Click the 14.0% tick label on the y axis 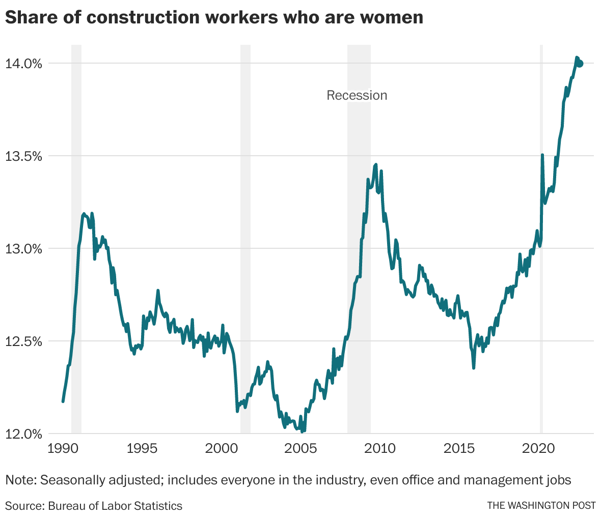(x=23, y=64)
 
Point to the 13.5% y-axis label (x=23, y=156)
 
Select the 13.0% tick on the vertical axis (x=23, y=249)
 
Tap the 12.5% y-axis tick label (x=23, y=341)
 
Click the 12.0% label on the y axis (x=23, y=434)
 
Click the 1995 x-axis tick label (x=142, y=449)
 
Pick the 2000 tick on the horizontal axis (x=222, y=449)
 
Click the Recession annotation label (x=357, y=96)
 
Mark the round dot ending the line (x=580, y=63)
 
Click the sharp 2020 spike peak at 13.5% (x=542, y=155)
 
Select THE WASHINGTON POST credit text (x=541, y=506)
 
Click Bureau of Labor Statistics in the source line (x=115, y=506)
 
